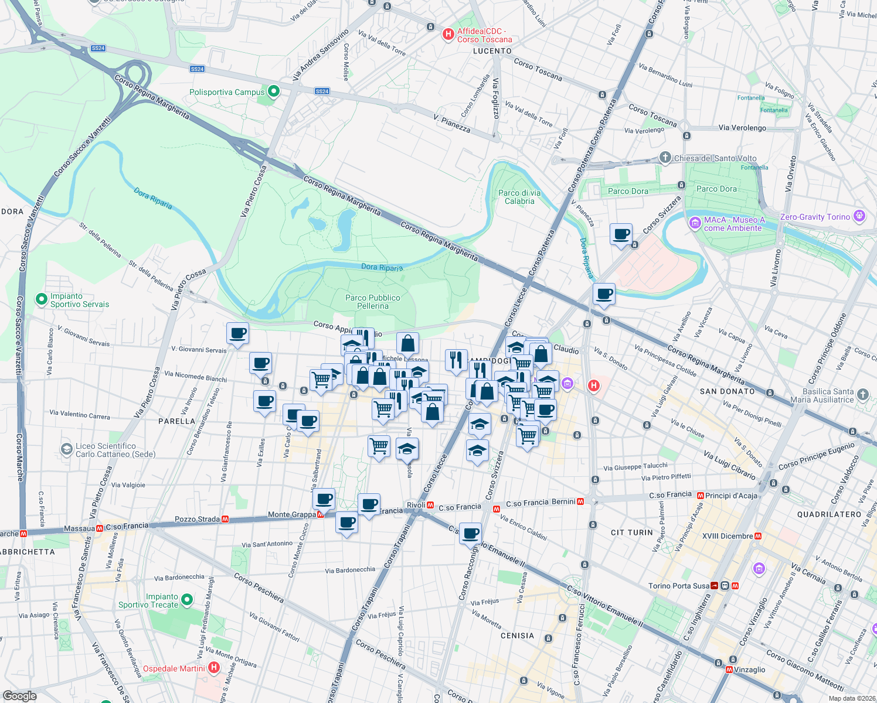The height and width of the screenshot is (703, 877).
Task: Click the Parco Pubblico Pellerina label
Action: [372, 302]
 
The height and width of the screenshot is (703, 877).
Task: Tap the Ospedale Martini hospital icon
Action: [214, 668]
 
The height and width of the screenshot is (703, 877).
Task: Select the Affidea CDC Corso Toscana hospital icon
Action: [448, 35]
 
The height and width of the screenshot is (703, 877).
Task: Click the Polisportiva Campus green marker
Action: [273, 92]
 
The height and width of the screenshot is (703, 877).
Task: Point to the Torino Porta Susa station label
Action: [678, 586]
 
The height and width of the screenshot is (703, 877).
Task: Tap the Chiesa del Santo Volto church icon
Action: [665, 158]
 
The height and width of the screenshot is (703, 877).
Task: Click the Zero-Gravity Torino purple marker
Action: [859, 216]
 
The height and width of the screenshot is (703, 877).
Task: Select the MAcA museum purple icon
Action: [695, 223]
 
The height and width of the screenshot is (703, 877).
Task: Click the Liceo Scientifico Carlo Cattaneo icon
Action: [66, 449]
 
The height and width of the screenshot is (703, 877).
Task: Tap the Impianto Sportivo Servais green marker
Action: [41, 299]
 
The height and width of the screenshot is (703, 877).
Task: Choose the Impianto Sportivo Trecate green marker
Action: [187, 600]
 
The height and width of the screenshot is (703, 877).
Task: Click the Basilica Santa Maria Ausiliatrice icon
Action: [862, 394]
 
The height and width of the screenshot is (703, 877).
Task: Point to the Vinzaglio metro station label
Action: [749, 670]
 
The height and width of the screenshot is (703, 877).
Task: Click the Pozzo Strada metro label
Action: [197, 519]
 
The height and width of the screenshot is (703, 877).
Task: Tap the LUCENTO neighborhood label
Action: [492, 51]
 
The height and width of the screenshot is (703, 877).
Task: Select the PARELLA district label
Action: [176, 421]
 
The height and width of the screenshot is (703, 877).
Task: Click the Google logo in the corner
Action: [20, 695]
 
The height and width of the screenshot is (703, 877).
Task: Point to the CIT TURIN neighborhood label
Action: [631, 533]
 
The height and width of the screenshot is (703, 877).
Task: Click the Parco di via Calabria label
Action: [519, 197]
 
